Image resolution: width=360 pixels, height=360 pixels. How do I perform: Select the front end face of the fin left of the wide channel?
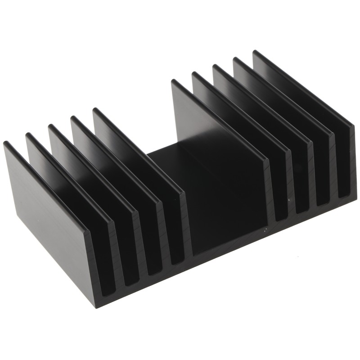[187, 225]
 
